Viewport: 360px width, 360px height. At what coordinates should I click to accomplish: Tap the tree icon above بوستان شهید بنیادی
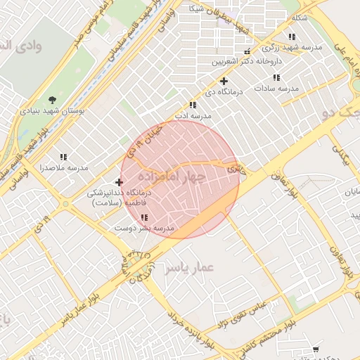[52, 100]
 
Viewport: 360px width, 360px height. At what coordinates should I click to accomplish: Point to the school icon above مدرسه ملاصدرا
[63, 157]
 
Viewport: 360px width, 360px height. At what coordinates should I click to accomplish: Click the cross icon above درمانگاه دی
[224, 81]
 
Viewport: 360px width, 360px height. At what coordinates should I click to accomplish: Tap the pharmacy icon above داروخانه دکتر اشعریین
[246, 52]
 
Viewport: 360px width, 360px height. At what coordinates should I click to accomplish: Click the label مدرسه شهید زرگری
[292, 47]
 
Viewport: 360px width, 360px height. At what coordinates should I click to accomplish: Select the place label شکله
[300, 17]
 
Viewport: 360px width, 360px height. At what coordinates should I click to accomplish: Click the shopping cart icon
[316, 349]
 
